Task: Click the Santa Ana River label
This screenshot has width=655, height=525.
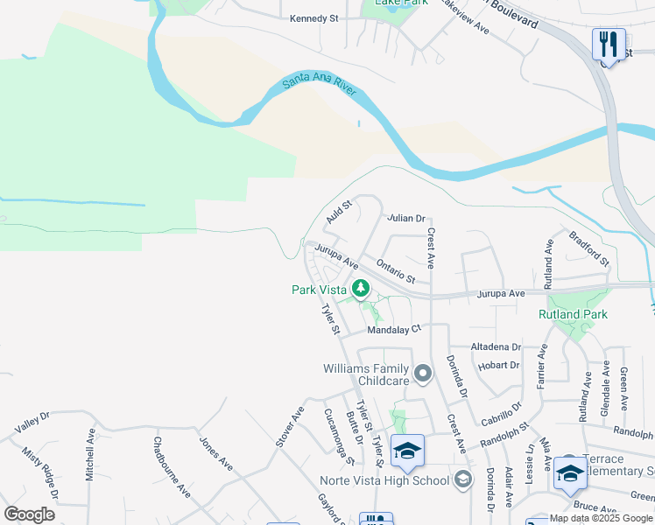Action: coord(322,84)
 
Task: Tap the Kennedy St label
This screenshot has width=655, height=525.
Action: coord(314,18)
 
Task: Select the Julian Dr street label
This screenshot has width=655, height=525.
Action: coord(406,218)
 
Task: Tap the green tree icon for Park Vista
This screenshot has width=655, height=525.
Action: coord(360,288)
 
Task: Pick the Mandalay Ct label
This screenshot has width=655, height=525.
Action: coord(394,329)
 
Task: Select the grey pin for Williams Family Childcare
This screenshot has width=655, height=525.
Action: coord(423,374)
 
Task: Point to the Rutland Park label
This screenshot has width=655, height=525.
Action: coord(573,314)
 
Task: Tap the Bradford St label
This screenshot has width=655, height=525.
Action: coord(588,249)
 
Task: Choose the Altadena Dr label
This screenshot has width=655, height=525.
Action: coord(496,346)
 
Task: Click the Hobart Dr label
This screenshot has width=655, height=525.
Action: coord(502,365)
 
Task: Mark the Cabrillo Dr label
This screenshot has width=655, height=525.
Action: coord(502,413)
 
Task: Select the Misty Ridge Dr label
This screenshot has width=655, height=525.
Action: coord(40,473)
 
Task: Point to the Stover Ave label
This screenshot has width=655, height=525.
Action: coord(290,427)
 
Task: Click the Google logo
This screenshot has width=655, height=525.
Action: coord(29,514)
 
